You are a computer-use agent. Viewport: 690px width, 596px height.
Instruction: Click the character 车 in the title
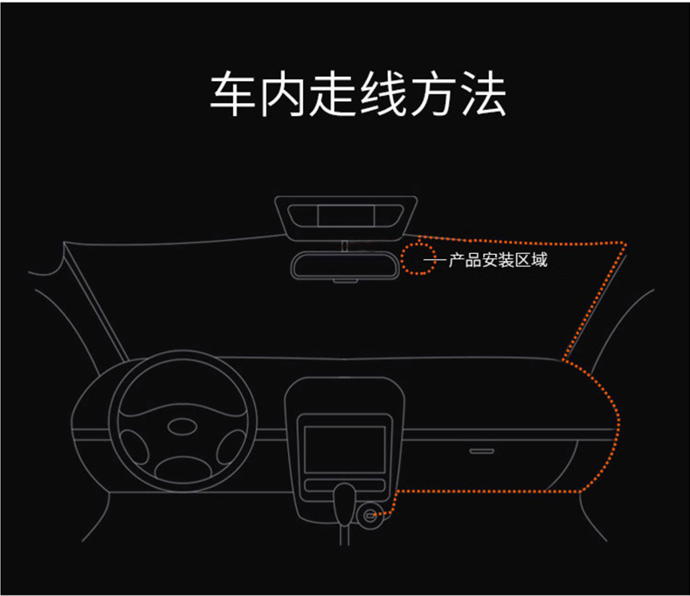coord(232,94)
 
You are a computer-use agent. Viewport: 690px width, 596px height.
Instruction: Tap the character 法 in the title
coord(483,94)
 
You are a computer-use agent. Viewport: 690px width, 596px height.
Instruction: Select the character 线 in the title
coord(383,94)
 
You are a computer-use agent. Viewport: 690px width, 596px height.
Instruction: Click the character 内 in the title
coord(282,94)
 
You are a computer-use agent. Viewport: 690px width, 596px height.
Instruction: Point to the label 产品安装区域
coord(498,260)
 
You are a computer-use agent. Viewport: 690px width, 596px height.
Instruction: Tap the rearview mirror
coord(344,264)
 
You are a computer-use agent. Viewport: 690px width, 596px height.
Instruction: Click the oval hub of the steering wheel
coord(183,427)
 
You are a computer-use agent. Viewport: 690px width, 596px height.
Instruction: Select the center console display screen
coord(344,449)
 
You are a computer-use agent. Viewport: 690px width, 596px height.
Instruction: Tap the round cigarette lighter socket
coord(370,515)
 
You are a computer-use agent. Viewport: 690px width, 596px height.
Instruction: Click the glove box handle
coord(481,451)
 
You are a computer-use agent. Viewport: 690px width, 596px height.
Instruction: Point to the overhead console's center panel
coord(346,216)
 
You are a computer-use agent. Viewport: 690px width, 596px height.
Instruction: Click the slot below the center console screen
coord(344,485)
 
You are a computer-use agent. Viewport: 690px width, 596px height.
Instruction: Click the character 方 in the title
coord(433,94)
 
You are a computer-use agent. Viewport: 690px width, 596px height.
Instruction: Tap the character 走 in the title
coord(333,94)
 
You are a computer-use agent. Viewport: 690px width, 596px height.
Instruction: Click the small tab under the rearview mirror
coord(344,280)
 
